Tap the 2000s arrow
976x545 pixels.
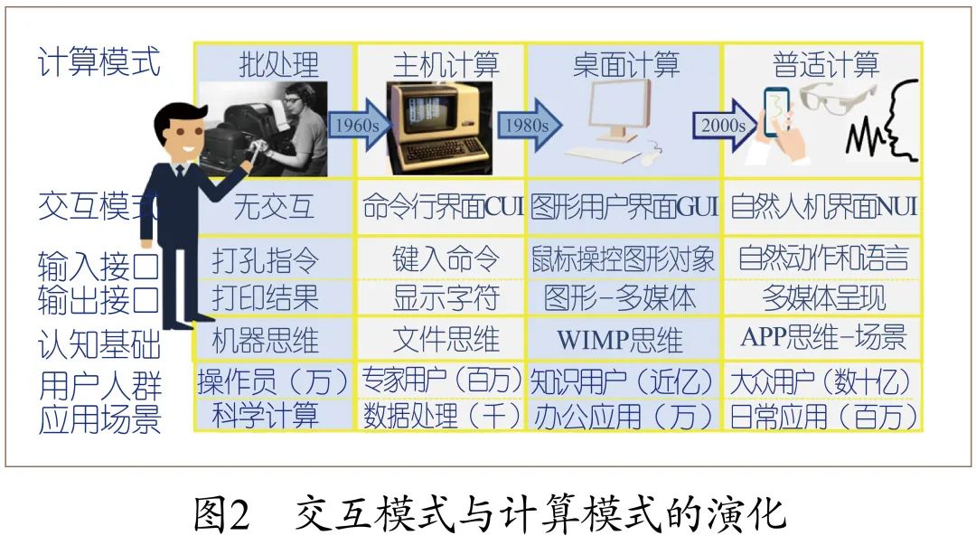click(723, 125)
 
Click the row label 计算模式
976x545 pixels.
click(99, 63)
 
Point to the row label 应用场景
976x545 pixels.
click(99, 419)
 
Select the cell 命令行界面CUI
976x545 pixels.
click(442, 207)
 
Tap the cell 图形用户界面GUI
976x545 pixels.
click(624, 207)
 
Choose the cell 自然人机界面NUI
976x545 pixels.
click(822, 207)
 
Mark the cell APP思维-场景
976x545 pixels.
click(823, 338)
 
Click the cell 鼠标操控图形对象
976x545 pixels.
click(624, 259)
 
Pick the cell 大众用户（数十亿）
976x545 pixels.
click(821, 381)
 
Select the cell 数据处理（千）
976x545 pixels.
click(442, 416)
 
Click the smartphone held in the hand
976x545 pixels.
click(776, 113)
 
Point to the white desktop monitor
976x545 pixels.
click(618, 108)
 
